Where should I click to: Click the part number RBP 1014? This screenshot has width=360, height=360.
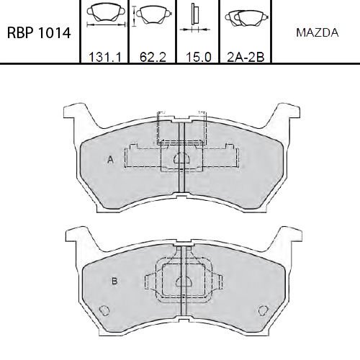(39, 32)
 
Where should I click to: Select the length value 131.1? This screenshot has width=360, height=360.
(105, 57)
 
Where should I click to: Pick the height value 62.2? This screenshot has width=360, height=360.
(153, 57)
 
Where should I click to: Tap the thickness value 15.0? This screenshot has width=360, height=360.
(199, 57)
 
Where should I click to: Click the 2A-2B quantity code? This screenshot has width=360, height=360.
(246, 57)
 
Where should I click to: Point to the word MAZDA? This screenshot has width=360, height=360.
(318, 33)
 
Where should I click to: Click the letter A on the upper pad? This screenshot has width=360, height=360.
(110, 159)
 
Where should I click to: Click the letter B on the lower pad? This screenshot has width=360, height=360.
(114, 281)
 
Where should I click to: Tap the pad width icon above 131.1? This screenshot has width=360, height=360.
(106, 15)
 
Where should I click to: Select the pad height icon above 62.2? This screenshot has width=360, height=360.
(152, 15)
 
